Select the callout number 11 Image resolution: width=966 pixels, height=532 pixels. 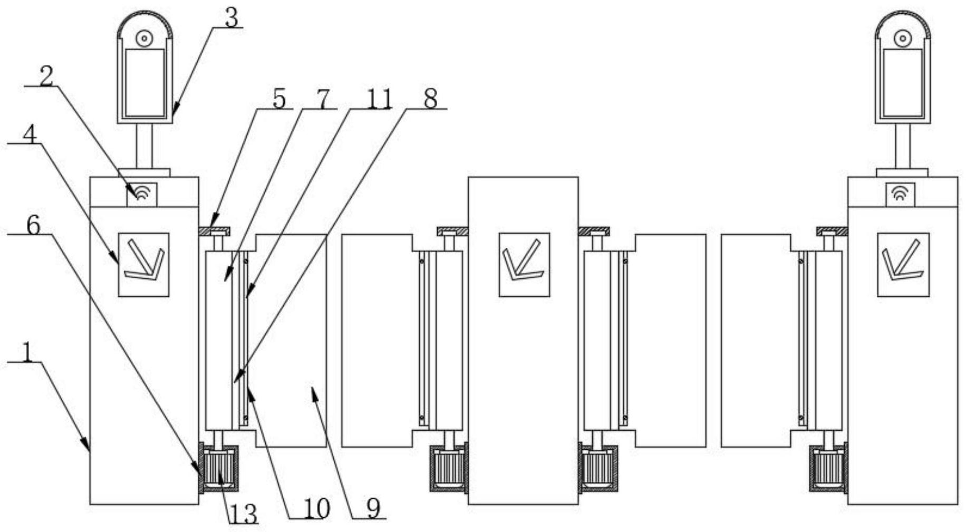[x=379, y=99]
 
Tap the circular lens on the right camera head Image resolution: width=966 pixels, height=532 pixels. [x=903, y=38]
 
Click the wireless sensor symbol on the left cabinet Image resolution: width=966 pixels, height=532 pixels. [x=142, y=194]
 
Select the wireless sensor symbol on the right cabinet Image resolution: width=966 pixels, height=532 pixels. [x=900, y=194]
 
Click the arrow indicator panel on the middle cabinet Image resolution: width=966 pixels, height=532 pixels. [x=524, y=264]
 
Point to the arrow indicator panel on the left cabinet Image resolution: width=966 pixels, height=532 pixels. [x=143, y=264]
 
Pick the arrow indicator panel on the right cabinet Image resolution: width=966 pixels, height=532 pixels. [x=903, y=264]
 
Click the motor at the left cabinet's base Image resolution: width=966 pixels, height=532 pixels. [x=219, y=469]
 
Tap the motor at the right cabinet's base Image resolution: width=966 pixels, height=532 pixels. [x=828, y=469]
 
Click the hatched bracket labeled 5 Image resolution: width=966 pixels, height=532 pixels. [x=215, y=231]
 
